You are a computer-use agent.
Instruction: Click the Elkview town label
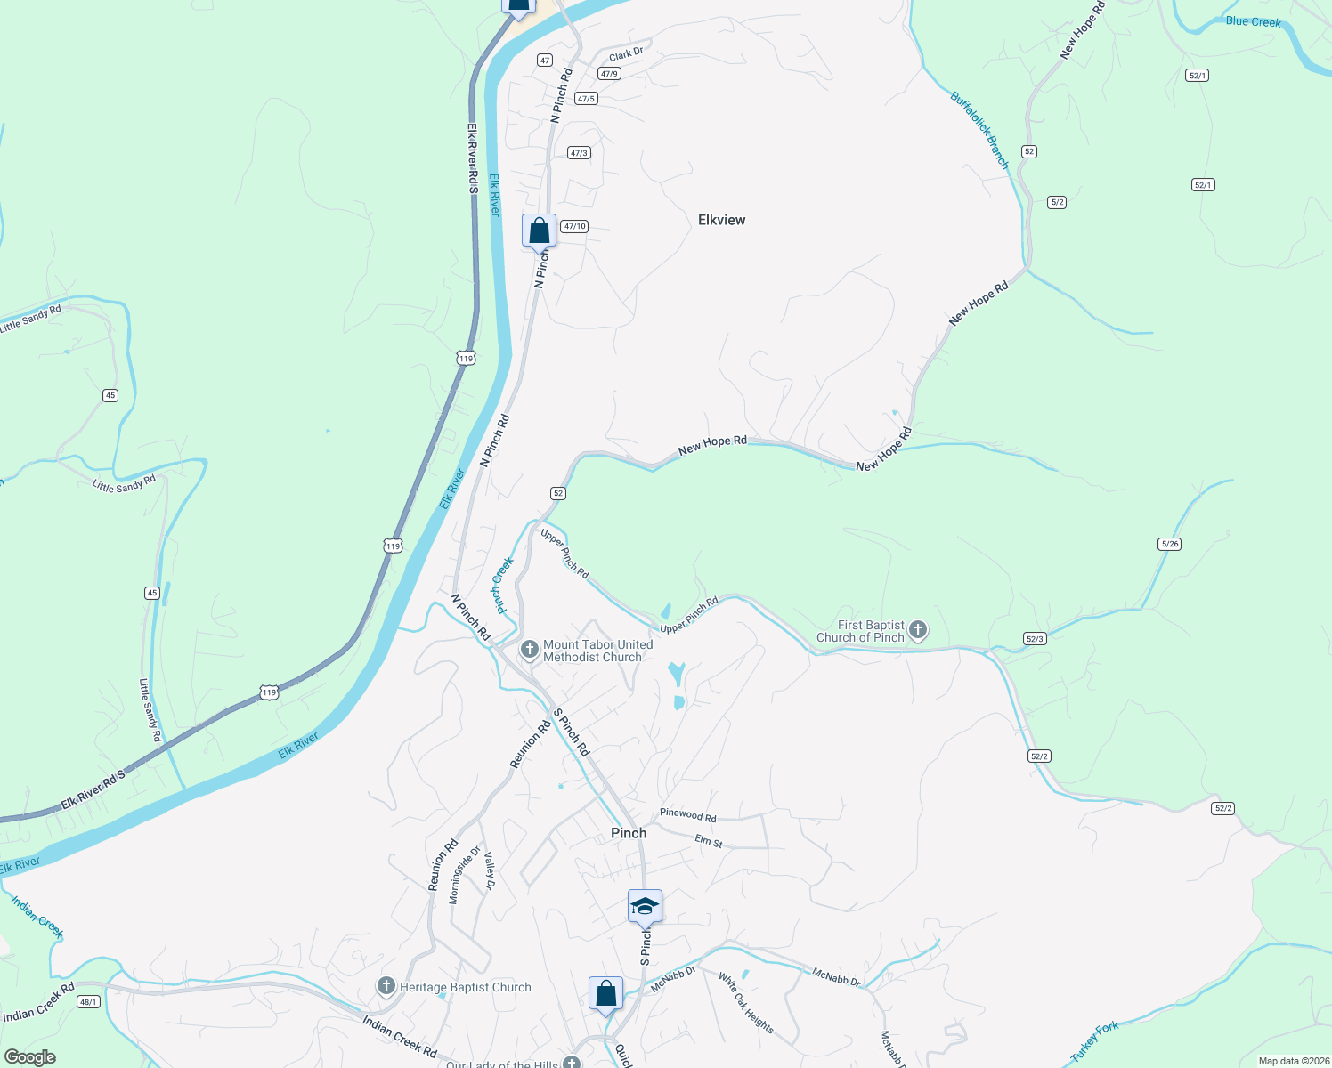[x=721, y=220]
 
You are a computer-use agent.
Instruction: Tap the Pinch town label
[x=629, y=833]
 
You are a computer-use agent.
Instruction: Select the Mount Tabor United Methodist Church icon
[x=530, y=650]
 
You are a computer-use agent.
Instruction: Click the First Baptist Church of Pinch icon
[x=918, y=631]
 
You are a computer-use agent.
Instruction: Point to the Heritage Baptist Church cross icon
[x=386, y=986]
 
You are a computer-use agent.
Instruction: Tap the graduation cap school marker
[x=645, y=907]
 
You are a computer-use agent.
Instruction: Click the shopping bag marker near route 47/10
[x=539, y=231]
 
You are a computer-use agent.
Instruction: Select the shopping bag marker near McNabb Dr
[x=605, y=993]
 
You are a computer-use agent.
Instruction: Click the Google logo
[x=30, y=1057]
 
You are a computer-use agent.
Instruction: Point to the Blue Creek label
[x=1253, y=21]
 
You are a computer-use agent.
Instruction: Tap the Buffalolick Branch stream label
[x=979, y=130]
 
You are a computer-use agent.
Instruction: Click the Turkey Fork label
[x=1094, y=1041]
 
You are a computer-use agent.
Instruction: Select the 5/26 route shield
[x=1170, y=544]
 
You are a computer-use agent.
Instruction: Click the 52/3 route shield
[x=1035, y=638]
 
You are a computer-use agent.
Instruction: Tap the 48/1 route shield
[x=88, y=1001]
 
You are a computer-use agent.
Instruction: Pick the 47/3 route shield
[x=579, y=153]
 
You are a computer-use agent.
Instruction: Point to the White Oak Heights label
[x=746, y=1002]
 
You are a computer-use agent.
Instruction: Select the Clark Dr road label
[x=626, y=54]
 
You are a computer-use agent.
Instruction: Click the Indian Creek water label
[x=37, y=917]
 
